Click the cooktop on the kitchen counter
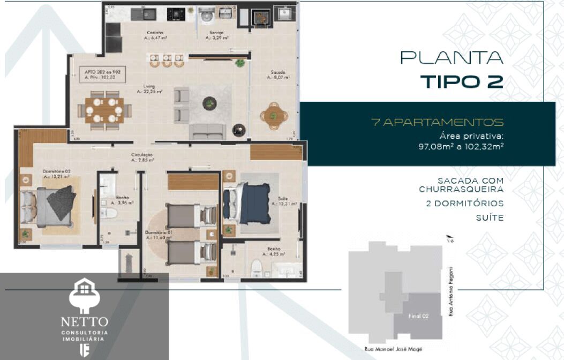[x=176, y=14]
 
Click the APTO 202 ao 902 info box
[x=101, y=74]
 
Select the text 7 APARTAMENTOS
[x=437, y=122]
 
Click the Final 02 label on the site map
[x=418, y=316]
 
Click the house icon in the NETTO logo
[x=84, y=290]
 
